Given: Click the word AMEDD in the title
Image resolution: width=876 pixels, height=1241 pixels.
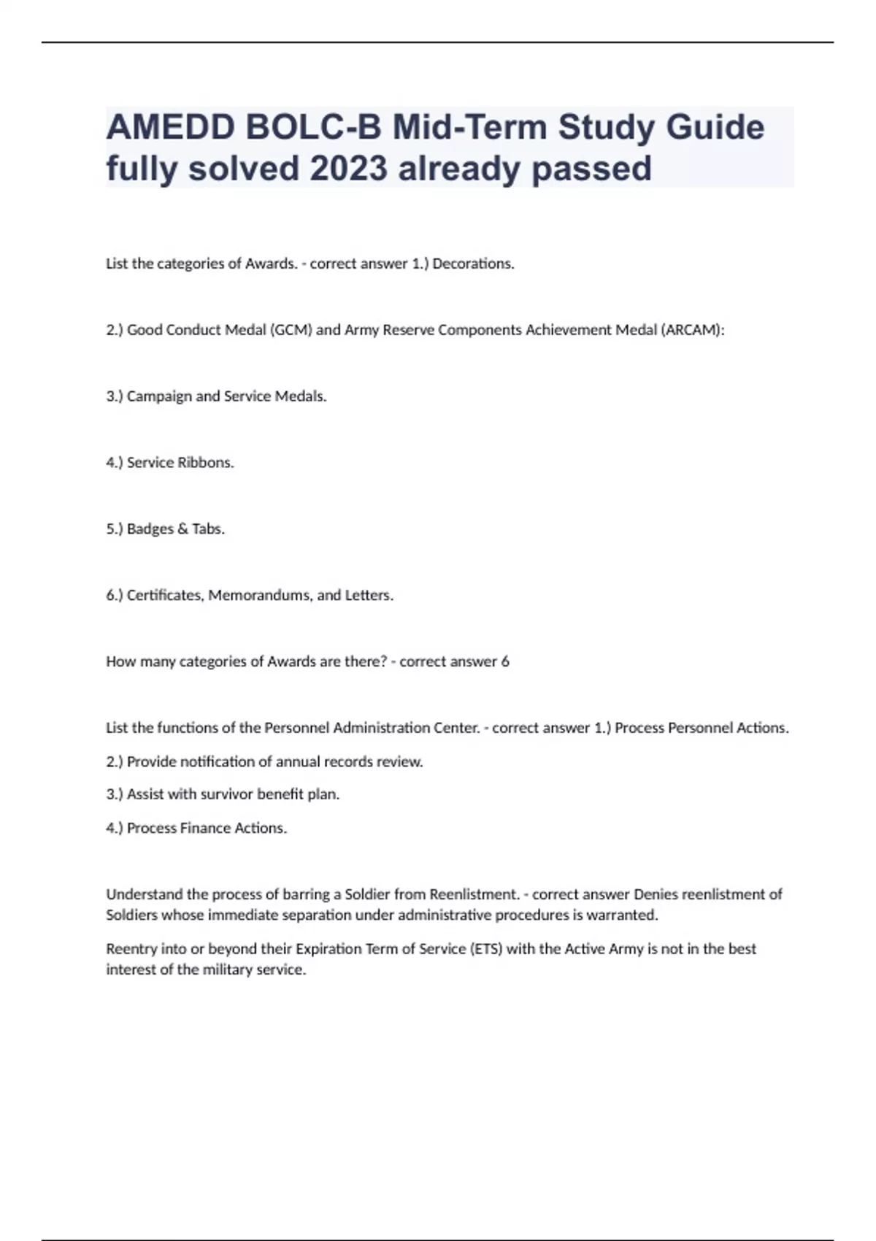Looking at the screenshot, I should point(169,128).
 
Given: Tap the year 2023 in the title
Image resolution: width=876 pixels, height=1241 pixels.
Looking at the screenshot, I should point(348,169).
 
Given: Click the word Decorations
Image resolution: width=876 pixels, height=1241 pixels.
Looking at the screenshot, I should point(473,264).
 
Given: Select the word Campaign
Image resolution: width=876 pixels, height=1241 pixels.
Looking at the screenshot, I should point(159,396).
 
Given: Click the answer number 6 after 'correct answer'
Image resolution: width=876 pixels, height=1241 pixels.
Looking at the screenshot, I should point(505,662).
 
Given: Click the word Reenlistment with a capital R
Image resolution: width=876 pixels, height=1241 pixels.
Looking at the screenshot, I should point(474,894).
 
